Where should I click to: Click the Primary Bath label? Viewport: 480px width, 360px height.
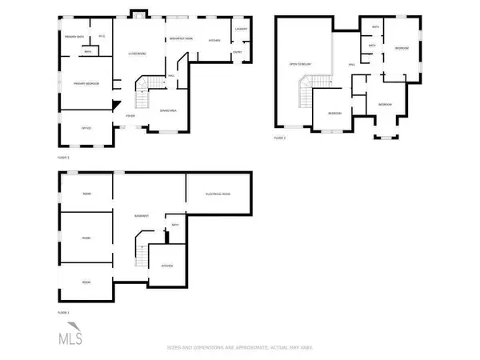[x=76, y=37]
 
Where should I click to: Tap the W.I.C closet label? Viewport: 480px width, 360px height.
[x=102, y=37]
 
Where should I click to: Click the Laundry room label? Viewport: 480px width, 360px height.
[x=242, y=30]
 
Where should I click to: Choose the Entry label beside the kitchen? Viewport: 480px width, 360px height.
[x=238, y=53]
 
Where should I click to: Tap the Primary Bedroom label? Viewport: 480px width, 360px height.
[x=86, y=83]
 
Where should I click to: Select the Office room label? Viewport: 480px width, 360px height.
[x=84, y=126]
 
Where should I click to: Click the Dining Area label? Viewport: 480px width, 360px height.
[x=169, y=110]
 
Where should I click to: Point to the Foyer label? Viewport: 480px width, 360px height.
[x=130, y=116]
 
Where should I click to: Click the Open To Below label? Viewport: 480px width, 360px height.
[x=299, y=63]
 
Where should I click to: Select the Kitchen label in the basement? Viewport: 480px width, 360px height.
[x=168, y=265]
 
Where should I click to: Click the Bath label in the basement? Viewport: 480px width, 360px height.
[x=175, y=226]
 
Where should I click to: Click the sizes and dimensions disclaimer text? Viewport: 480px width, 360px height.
[x=239, y=347]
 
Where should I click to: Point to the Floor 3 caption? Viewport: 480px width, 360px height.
[x=279, y=138]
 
